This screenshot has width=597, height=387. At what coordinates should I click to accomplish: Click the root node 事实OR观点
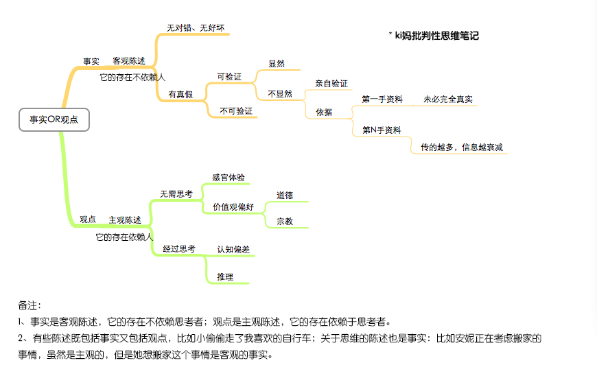pos(54,119)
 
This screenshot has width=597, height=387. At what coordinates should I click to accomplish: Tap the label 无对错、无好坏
pos(196,28)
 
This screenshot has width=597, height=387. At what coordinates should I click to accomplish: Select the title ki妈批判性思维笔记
pos(436,36)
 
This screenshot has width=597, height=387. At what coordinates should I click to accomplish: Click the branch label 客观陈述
pos(129,61)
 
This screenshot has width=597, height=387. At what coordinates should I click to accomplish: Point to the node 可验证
pos(229,77)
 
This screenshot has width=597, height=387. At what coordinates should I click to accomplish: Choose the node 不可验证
pos(236,111)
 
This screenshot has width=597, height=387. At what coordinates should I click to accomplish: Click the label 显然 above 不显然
pos(277,64)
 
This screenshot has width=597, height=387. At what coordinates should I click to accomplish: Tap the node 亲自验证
pos(331,84)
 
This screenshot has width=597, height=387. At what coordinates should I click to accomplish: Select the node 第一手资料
pos(382,99)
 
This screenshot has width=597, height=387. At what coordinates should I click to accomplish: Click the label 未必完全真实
pos(448,99)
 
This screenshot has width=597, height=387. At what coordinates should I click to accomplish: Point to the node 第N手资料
pos(382,130)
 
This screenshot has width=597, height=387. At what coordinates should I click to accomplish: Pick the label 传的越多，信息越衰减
pos(462,148)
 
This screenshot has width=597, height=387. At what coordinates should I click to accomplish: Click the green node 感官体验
pos(229,178)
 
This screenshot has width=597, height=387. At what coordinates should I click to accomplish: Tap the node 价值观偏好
pos(233,207)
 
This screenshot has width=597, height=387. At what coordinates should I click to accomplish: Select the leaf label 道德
pos(285,196)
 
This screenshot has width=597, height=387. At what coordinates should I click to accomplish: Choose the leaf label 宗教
pos(285,222)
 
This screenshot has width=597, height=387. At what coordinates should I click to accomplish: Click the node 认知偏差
pos(233,250)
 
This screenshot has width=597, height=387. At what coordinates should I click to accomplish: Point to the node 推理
pos(225,277)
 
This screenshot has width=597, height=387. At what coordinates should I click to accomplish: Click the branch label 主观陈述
pos(125,220)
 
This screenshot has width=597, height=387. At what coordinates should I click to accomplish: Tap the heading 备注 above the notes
pos(30,305)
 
